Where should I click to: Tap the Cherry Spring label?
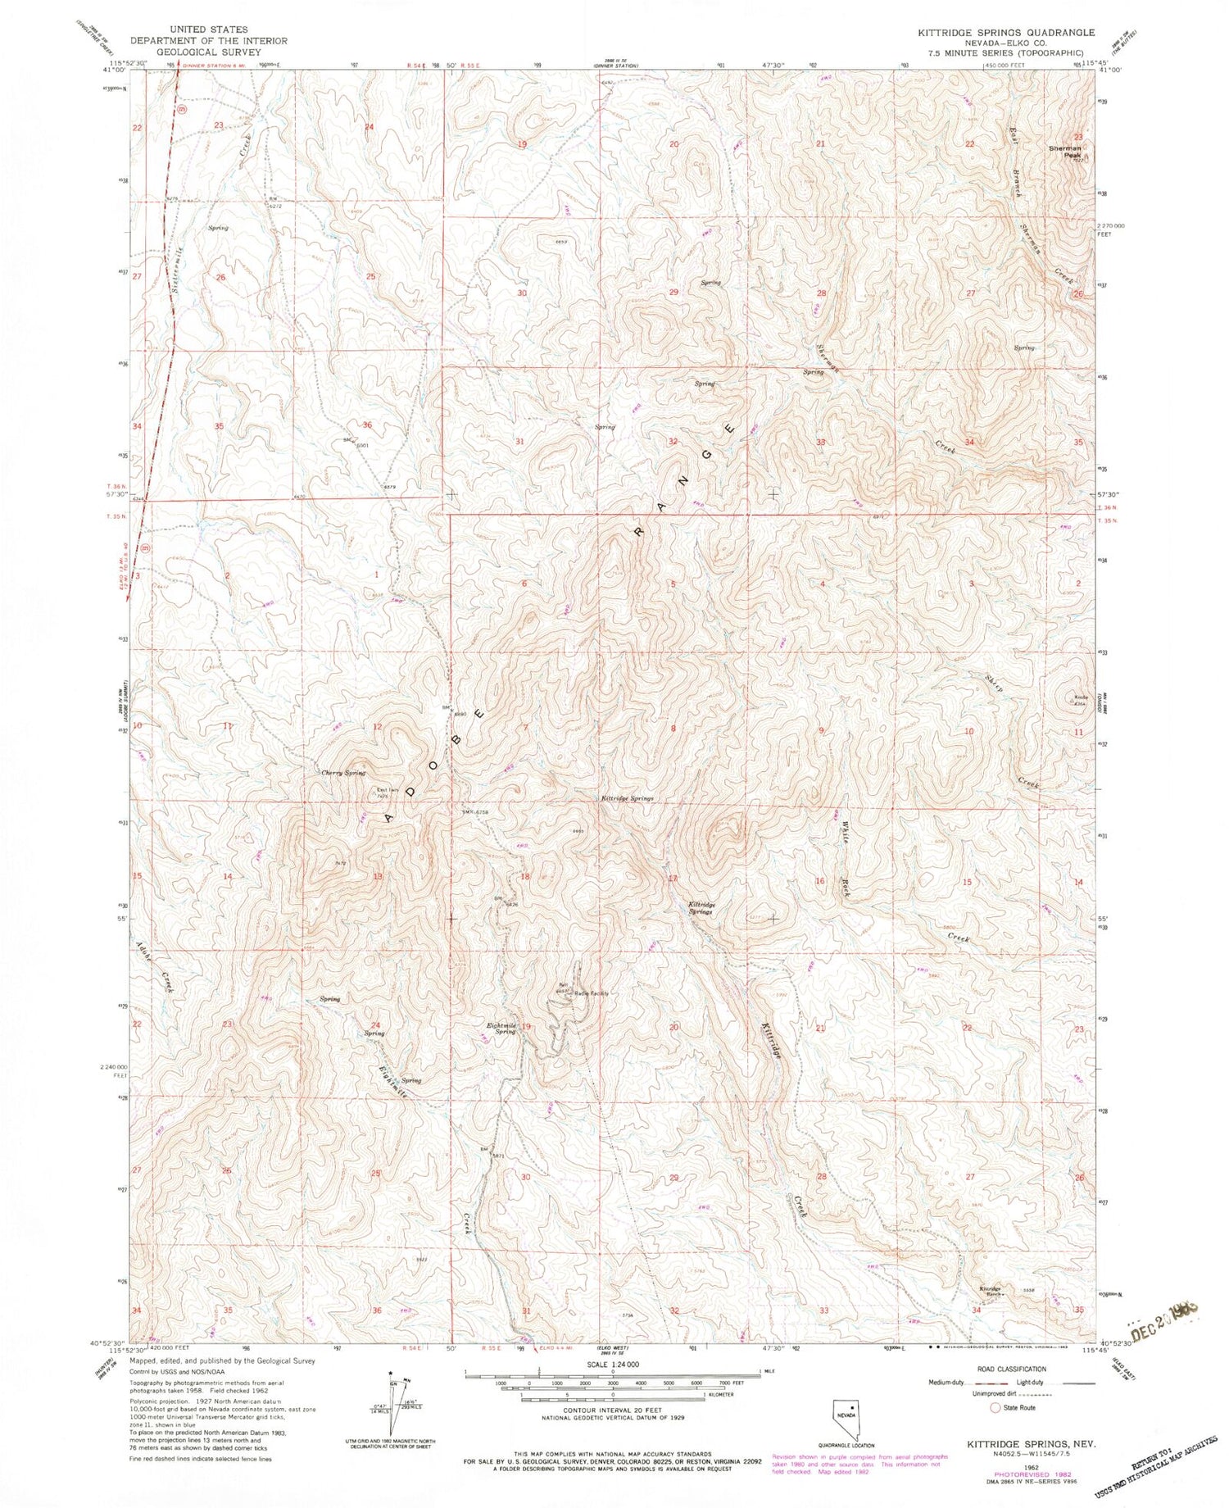343,773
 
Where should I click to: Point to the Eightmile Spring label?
503,1028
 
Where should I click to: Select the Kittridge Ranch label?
990,1290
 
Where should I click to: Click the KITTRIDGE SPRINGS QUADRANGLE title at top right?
999,33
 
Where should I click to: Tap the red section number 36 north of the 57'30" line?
367,425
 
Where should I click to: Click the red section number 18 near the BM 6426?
525,876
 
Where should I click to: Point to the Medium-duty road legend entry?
950,1382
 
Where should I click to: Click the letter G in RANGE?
705,455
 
